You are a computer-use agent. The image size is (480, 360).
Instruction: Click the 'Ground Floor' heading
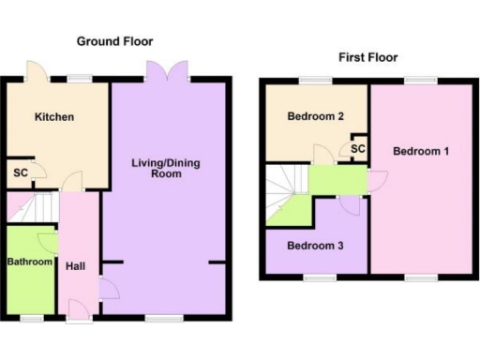(114, 41)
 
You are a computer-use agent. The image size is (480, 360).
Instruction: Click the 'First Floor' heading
(367, 57)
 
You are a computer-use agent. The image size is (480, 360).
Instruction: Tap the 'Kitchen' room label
(54, 117)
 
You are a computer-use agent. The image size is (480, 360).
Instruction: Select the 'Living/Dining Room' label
(165, 169)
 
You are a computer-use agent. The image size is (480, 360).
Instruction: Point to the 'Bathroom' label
(30, 262)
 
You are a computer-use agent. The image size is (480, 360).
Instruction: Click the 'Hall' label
(76, 266)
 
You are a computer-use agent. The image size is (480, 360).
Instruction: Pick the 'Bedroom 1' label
(421, 151)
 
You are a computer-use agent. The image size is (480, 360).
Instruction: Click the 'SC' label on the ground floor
(20, 172)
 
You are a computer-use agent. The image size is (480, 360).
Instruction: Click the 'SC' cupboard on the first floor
(357, 149)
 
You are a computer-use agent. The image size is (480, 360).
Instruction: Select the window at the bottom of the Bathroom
(31, 319)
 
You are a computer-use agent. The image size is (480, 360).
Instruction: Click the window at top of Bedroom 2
(310, 80)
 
